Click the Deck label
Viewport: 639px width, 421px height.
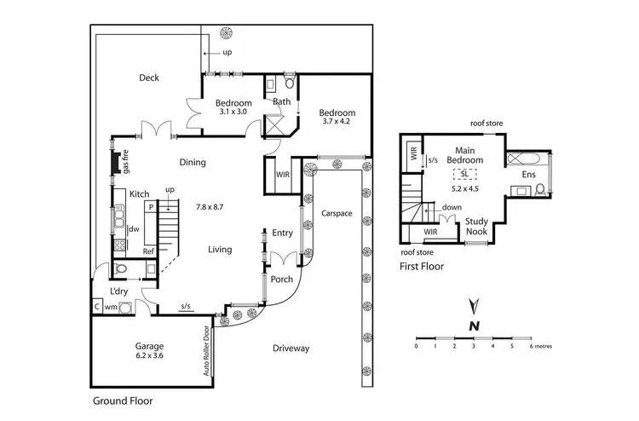(149, 78)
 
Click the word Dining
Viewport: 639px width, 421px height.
(193, 162)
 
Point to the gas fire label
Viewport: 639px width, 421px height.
(124, 160)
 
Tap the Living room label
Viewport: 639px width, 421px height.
(221, 249)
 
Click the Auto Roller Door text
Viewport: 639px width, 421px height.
(206, 351)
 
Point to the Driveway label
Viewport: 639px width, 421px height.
(291, 348)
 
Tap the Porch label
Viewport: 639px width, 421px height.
(282, 279)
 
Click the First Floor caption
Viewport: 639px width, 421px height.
(422, 266)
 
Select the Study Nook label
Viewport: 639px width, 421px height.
(476, 227)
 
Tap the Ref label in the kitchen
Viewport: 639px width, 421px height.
(147, 251)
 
